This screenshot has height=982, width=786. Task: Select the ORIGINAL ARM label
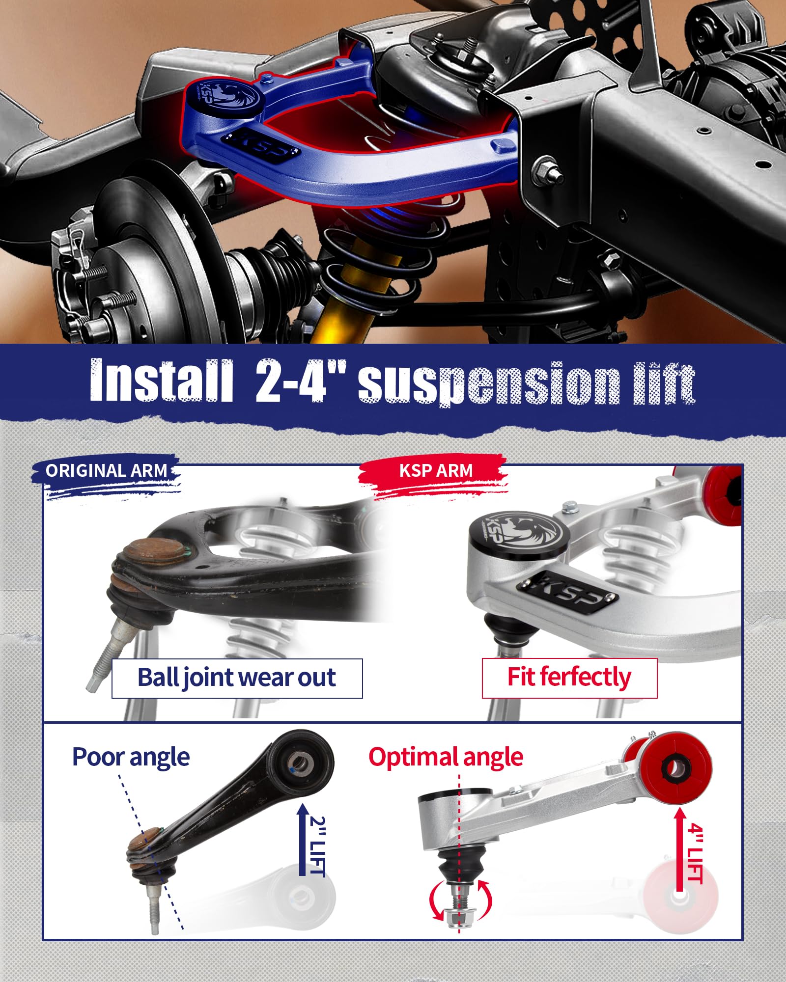pos(106,471)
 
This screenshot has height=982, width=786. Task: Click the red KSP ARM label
pos(436,471)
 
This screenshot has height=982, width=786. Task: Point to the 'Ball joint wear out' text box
pos(237,678)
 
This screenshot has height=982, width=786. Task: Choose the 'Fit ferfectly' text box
pos(569,678)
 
